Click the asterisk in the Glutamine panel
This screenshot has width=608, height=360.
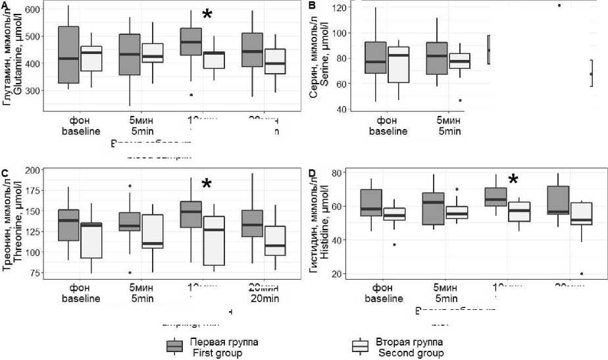coord(207,14)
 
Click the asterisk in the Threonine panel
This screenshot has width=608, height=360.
coord(207,185)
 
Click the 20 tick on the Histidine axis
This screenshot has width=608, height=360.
coord(341,274)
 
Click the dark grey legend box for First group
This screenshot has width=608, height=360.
coord(174,347)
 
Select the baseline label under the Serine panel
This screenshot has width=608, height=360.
coord(388,131)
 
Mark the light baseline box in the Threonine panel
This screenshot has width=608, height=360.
coord(90,240)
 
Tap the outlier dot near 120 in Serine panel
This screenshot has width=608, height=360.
coord(559,5)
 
